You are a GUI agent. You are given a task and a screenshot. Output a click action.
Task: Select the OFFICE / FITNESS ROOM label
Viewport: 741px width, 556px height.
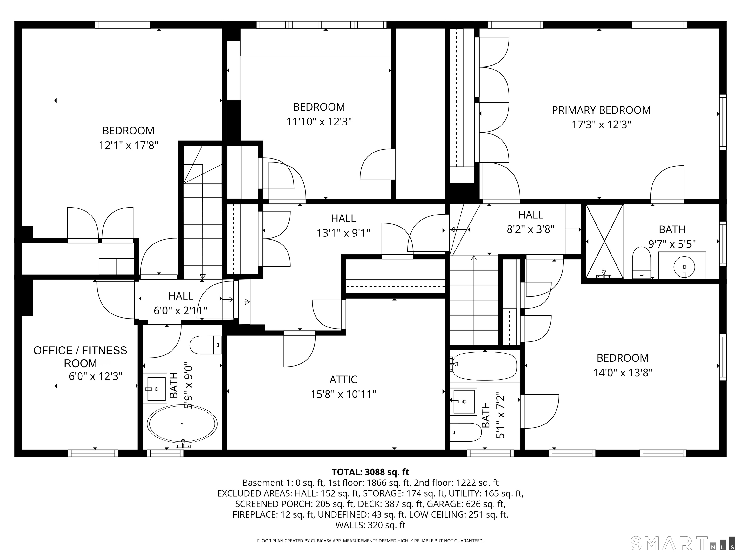80,357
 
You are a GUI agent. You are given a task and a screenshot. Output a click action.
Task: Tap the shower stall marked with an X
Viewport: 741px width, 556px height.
605,241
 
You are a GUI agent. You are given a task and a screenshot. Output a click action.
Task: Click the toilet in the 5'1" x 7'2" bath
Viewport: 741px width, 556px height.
465,432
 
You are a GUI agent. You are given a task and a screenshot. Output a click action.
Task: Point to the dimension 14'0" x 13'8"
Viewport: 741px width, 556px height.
623,373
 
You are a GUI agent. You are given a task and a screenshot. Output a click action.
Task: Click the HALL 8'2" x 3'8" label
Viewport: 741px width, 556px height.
531,222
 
